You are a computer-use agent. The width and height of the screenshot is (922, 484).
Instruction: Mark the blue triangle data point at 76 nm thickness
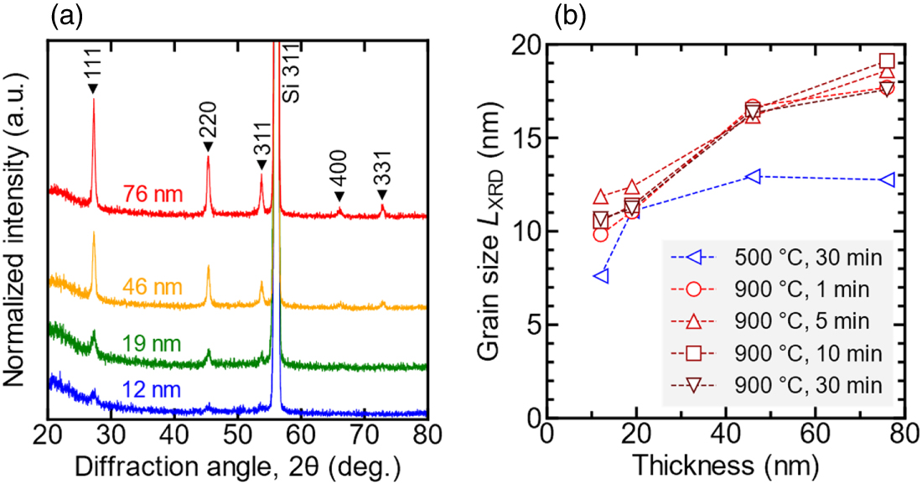[888, 180]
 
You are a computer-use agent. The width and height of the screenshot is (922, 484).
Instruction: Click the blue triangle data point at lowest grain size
[600, 276]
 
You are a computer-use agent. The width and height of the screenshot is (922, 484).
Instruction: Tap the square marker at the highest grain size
[888, 60]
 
